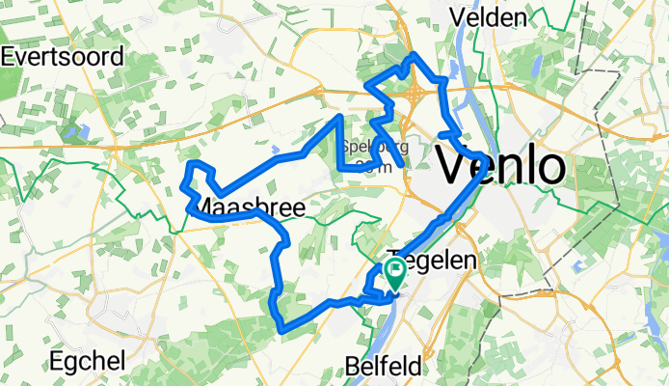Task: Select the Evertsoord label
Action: (62, 56)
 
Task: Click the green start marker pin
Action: (395, 271)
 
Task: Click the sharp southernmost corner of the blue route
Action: (281, 330)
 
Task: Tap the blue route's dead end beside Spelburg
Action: (401, 167)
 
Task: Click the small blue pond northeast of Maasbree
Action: (277, 150)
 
